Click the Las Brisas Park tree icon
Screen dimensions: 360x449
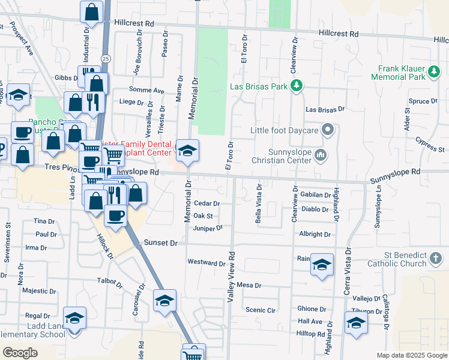tap(295, 86)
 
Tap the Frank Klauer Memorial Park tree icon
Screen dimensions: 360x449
tap(433, 73)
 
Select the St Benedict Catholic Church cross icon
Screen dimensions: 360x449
tap(436, 259)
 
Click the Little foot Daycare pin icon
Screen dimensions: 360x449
tap(328, 130)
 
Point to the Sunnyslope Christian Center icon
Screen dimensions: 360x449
tap(321, 156)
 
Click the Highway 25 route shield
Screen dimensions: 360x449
tap(106, 58)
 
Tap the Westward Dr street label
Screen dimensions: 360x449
tap(206, 262)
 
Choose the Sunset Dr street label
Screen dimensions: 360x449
tap(161, 243)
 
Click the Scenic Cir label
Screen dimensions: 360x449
tap(261, 310)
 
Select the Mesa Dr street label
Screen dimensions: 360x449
tap(249, 285)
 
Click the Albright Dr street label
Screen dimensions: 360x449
tap(315, 235)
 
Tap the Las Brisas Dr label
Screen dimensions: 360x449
tap(325, 110)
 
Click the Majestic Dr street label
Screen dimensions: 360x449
tap(39, 291)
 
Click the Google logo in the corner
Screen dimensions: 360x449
tap(20, 353)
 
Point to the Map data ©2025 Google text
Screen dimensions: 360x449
tap(412, 355)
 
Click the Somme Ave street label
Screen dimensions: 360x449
tap(151, 91)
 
